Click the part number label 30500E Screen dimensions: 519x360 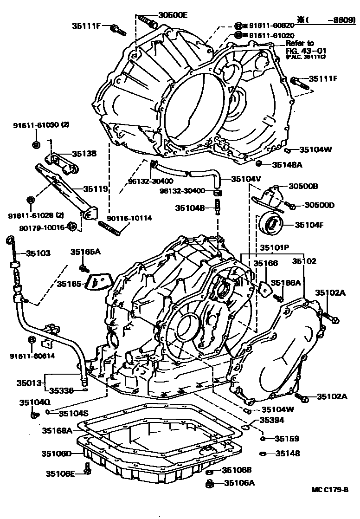(172, 15)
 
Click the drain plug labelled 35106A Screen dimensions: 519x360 (209, 484)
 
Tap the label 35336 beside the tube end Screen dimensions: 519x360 (63, 390)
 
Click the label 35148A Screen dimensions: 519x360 (287, 164)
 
